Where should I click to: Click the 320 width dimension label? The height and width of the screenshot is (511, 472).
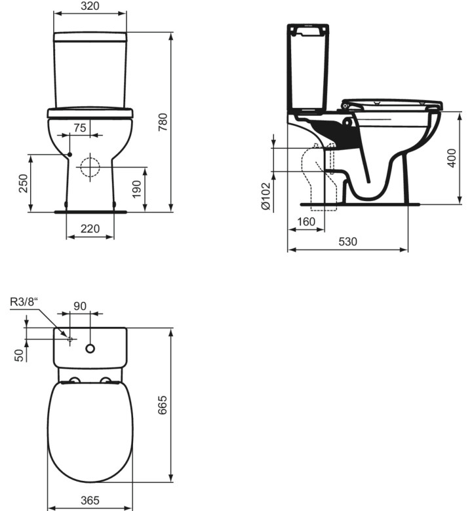pos(90,5)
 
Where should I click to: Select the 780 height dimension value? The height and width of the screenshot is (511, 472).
pos(163,123)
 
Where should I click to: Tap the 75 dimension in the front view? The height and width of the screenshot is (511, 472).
pos(79,128)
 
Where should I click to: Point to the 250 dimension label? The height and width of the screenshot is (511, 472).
pos(23,183)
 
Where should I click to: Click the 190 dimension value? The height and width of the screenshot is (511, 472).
pos(136,189)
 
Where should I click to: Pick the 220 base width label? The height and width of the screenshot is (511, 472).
pos(90,229)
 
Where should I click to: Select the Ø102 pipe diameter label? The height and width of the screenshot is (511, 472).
pos(266,196)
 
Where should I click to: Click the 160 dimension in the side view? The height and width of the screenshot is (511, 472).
pos(306,221)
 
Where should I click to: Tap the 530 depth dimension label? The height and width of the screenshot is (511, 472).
pos(347,242)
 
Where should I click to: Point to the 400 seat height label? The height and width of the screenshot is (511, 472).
pos(452,158)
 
